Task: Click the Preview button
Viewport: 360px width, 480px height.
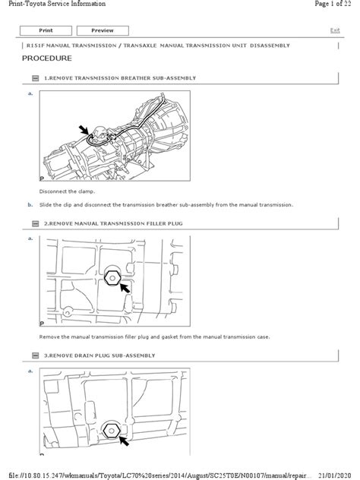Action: (102, 30)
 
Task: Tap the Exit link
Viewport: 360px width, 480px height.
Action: (335, 30)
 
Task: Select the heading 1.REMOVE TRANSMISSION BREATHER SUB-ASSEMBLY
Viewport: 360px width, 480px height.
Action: (119, 78)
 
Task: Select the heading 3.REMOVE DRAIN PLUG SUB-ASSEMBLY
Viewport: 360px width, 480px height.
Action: (99, 355)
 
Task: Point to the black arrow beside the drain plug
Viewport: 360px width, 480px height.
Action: (121, 439)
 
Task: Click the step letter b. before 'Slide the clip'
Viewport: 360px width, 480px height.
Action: (30, 204)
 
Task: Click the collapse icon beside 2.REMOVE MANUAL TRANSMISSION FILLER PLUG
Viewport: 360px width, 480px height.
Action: (35, 225)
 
